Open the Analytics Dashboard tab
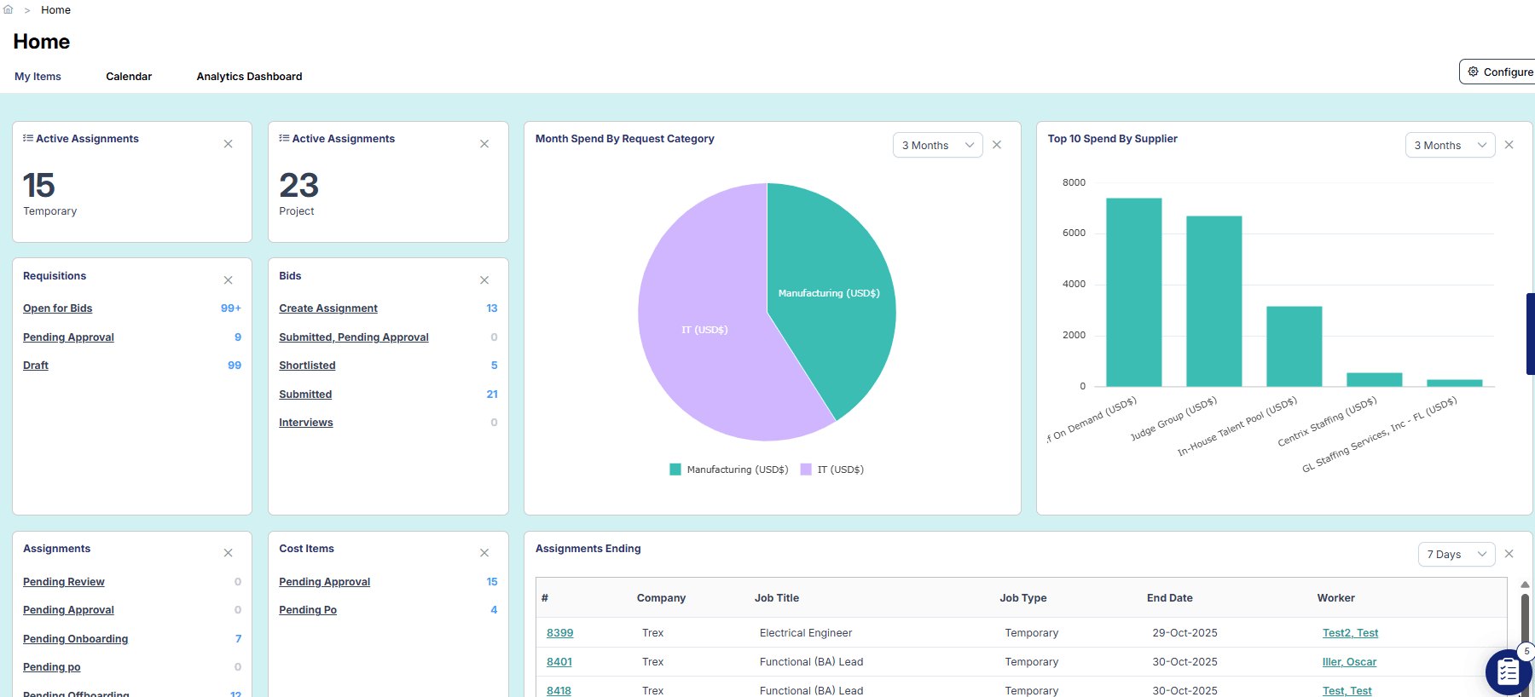coord(249,77)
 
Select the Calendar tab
coord(129,77)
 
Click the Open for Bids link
coord(57,308)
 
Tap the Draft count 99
coord(235,366)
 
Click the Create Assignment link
coord(327,308)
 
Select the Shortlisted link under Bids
coord(307,366)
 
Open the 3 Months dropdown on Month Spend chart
coord(937,146)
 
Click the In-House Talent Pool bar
coord(1294,346)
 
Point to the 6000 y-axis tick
coord(1074,233)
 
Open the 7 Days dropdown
coord(1456,555)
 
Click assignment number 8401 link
coord(559,662)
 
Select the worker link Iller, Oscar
coord(1348,662)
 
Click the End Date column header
coord(1169,598)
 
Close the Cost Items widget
coord(484,553)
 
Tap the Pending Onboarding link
coord(75,639)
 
